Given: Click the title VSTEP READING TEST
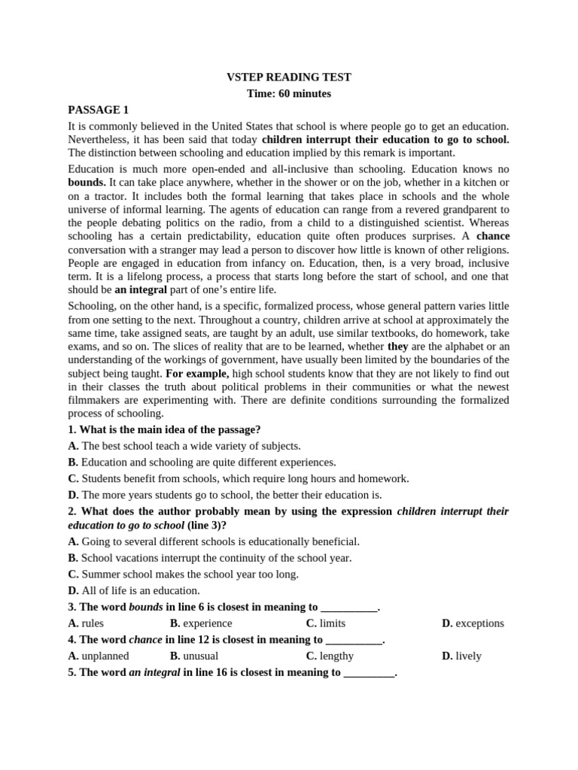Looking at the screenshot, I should point(289,77).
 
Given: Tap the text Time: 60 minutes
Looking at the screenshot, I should point(289,93).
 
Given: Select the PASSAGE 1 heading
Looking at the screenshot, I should point(99,110).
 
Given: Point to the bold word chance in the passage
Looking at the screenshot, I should point(493,236).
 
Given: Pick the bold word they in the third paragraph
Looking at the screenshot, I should point(397,347).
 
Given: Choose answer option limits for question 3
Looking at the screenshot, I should point(332,623).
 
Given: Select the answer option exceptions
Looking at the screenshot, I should point(479,623).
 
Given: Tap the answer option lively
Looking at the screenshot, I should point(468,656).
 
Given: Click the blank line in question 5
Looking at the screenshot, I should point(369,673).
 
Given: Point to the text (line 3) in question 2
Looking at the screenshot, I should point(206,526).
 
